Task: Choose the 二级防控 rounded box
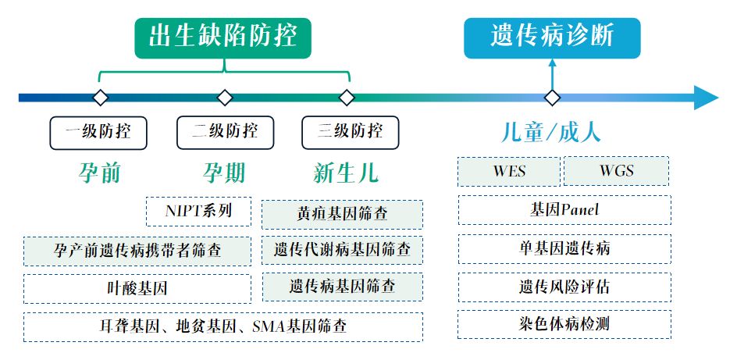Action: pyautogui.click(x=225, y=133)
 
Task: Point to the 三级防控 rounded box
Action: pyautogui.click(x=350, y=133)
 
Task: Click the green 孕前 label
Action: pyautogui.click(x=100, y=172)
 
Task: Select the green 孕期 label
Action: pyautogui.click(x=225, y=172)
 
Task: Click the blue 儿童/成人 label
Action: pyautogui.click(x=551, y=131)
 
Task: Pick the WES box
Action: pyautogui.click(x=508, y=171)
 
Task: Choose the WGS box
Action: pyautogui.click(x=616, y=171)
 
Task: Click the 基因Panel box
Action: pyautogui.click(x=564, y=210)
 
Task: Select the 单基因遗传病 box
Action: pyautogui.click(x=564, y=248)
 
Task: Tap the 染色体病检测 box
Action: pyautogui.click(x=564, y=324)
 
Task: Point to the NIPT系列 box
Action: pyautogui.click(x=198, y=211)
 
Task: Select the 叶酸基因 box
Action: pyautogui.click(x=137, y=288)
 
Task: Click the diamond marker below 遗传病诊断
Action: pyautogui.click(x=552, y=98)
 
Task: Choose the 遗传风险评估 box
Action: pyautogui.click(x=564, y=287)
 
